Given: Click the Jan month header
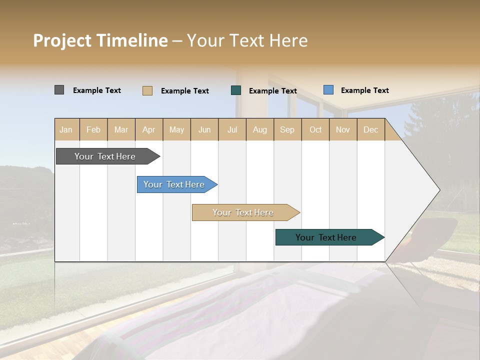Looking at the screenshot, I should click(x=66, y=130).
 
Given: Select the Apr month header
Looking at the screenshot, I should click(x=149, y=130).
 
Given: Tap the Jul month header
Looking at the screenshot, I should click(x=232, y=130).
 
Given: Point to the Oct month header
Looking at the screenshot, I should click(x=315, y=130).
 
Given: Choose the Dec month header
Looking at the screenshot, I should click(x=371, y=130).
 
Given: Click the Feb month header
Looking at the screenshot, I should click(x=93, y=130).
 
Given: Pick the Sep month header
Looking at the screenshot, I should click(x=287, y=130).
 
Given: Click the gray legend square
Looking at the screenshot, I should click(x=59, y=90).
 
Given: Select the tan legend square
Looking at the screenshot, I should click(x=147, y=90).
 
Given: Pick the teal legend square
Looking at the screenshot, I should click(x=236, y=90).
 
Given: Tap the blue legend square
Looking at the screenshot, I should click(x=328, y=90).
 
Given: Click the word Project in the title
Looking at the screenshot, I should click(x=62, y=40).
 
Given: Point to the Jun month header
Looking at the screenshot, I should click(x=204, y=130).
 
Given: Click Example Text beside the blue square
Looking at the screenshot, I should click(x=364, y=90).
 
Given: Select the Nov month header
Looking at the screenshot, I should click(x=343, y=130).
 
